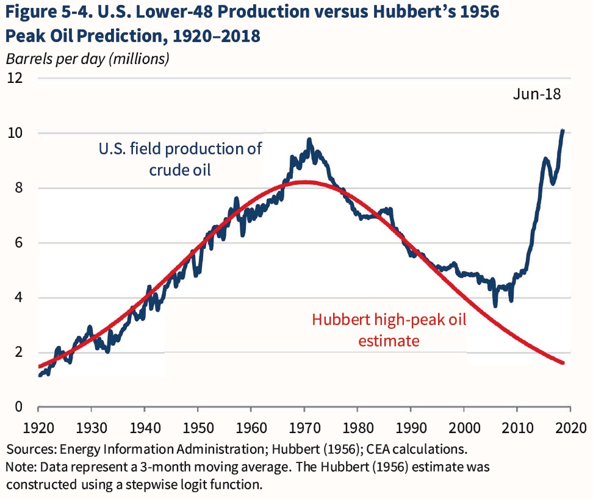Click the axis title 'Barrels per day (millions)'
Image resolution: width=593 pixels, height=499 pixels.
coord(87,59)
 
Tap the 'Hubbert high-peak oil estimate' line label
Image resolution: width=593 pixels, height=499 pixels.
coord(389,330)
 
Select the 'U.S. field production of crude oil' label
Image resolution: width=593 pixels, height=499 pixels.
coord(180,159)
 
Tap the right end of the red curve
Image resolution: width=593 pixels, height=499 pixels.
coord(562,363)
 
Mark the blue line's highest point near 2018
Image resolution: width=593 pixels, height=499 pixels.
coord(562,130)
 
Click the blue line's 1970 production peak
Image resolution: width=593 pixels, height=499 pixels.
coord(309,140)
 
